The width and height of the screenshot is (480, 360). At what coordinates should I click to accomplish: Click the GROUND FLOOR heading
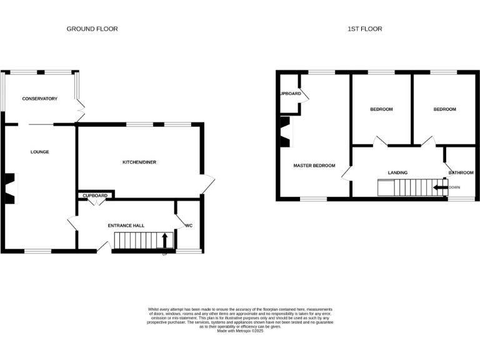92,29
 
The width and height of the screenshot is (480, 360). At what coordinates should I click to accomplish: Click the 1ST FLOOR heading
365,29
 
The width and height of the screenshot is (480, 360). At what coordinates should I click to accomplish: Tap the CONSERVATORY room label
39,99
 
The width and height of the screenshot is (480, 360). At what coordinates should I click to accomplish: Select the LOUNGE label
40,152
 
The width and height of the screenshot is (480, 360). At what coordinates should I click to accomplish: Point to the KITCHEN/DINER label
139,162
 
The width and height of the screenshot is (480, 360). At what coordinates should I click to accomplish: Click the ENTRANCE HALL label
126,225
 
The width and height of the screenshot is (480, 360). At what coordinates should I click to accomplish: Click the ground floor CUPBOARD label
95,196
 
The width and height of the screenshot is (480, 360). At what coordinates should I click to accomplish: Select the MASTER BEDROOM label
314,166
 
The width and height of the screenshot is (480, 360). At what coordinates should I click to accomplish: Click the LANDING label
397,172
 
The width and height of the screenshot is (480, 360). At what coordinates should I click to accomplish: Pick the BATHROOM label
461,172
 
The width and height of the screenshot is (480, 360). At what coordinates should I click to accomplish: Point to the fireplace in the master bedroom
284,132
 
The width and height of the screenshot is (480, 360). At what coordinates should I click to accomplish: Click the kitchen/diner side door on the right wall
208,184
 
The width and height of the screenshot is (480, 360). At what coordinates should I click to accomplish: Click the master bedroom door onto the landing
346,172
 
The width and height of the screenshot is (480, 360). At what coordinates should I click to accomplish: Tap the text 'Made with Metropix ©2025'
240,331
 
